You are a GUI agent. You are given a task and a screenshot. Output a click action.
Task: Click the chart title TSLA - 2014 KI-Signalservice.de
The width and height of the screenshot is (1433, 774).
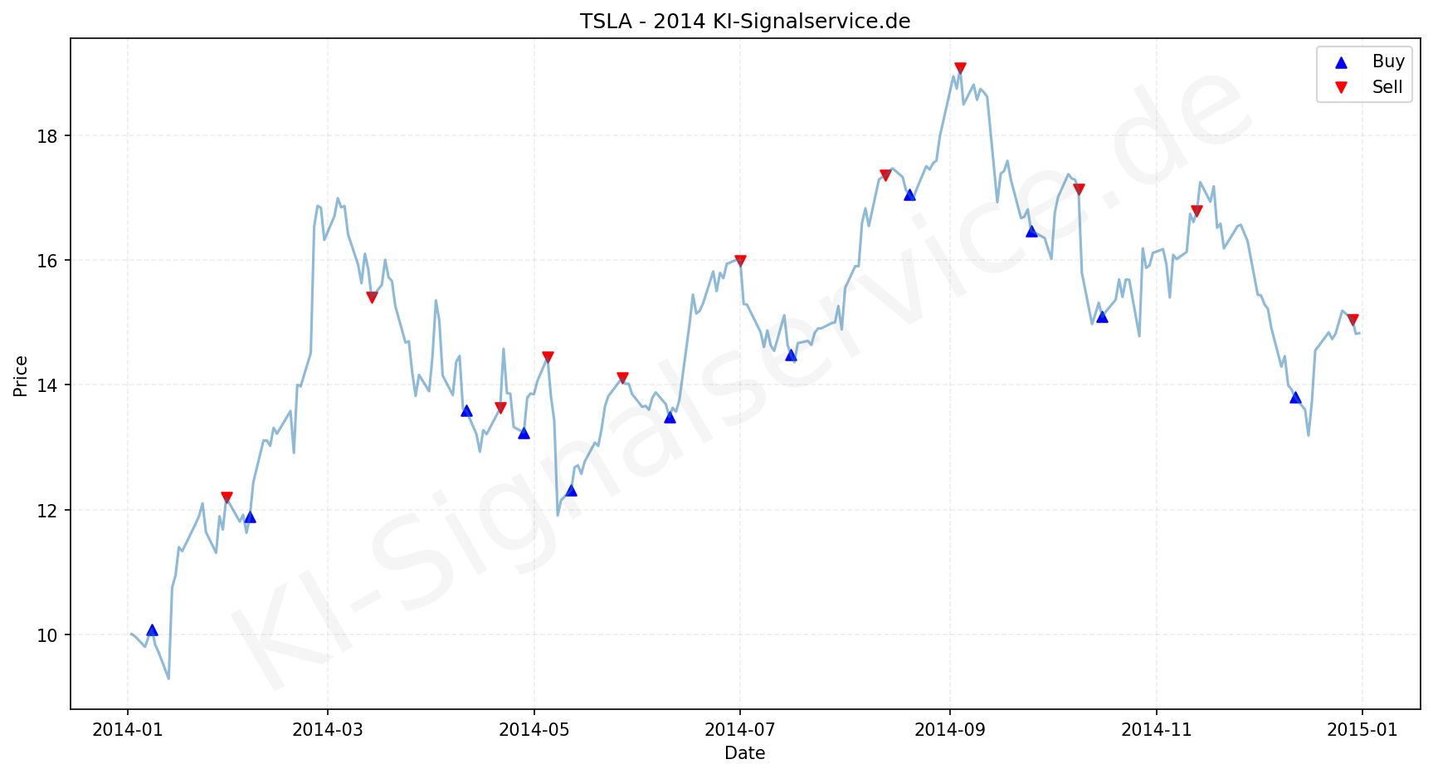tap(744, 22)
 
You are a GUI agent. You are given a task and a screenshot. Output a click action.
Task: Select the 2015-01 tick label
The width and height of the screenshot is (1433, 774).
tap(1362, 730)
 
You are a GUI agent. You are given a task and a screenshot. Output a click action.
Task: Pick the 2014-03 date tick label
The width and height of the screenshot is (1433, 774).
tap(328, 730)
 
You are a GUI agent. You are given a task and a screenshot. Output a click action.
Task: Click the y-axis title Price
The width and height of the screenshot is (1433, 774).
tap(21, 376)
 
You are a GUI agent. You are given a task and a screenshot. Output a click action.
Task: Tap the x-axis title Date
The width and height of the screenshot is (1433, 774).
tap(744, 753)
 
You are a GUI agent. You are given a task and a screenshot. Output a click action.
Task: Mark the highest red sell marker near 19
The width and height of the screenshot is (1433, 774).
tap(960, 68)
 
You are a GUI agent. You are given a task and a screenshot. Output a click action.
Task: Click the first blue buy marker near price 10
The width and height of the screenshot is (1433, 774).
tap(152, 630)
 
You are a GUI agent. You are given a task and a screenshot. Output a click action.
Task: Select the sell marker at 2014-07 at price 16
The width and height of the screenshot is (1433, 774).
tap(740, 261)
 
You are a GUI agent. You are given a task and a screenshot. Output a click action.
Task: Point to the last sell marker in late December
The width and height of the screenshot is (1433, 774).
tap(1353, 320)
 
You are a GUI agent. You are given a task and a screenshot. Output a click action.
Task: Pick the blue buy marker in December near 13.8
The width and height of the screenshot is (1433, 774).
tap(1295, 398)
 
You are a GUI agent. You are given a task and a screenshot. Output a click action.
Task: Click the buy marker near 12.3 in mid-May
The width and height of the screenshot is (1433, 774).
tap(571, 491)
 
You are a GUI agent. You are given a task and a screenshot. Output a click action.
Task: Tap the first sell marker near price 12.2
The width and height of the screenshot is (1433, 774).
tap(227, 497)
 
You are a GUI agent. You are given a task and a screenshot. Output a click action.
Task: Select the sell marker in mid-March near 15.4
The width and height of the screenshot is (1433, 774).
tap(372, 297)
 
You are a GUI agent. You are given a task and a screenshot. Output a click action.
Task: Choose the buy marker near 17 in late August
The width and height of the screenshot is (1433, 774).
tap(909, 195)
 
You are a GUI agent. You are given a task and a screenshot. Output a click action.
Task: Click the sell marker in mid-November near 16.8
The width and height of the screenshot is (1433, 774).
tap(1197, 211)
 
